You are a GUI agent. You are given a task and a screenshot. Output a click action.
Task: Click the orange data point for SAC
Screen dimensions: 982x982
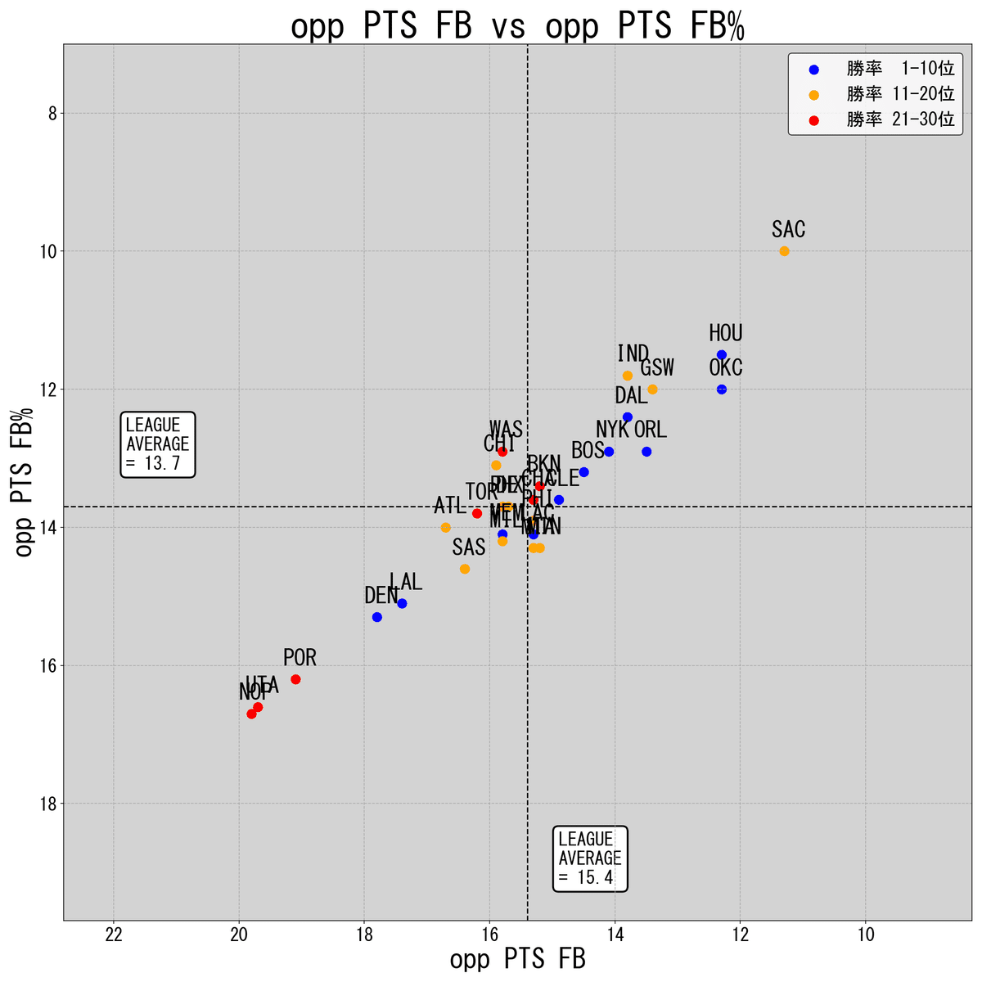pyautogui.click(x=784, y=251)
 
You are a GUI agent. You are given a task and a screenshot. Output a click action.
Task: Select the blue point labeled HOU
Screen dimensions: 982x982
pyautogui.click(x=722, y=354)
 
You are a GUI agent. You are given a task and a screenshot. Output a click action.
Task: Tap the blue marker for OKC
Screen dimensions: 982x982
pyautogui.click(x=722, y=390)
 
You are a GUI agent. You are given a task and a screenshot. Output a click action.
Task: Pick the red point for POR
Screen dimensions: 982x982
pyautogui.click(x=295, y=679)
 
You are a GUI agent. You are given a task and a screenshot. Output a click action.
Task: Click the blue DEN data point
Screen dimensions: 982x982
pyautogui.click(x=377, y=617)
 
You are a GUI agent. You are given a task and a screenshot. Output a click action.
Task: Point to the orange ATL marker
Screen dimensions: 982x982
pyautogui.click(x=446, y=528)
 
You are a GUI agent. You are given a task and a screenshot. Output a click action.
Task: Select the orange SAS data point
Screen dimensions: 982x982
pyautogui.click(x=465, y=569)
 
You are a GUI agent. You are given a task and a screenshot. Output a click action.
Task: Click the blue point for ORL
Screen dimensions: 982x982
pyautogui.click(x=646, y=452)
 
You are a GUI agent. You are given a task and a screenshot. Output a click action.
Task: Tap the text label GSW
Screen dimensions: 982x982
pyautogui.click(x=657, y=368)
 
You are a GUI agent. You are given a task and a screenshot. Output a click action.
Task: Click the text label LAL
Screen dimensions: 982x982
pyautogui.click(x=406, y=582)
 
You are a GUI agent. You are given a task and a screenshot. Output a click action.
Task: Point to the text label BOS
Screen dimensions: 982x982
pyautogui.click(x=588, y=450)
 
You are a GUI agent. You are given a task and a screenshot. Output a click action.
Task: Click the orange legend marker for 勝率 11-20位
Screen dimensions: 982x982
pyautogui.click(x=813, y=95)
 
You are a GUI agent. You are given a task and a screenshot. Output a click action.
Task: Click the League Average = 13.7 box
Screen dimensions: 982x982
pyautogui.click(x=158, y=444)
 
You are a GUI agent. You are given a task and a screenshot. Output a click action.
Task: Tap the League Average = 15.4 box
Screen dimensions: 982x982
pyautogui.click(x=590, y=858)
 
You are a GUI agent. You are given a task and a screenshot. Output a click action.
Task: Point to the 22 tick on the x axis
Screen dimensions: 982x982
pyautogui.click(x=114, y=935)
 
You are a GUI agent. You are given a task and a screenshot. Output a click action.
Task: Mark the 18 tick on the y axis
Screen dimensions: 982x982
pyautogui.click(x=46, y=804)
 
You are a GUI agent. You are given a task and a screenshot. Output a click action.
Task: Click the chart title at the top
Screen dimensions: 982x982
pyautogui.click(x=517, y=26)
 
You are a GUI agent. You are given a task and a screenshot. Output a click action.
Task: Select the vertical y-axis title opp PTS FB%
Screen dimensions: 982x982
pyautogui.click(x=25, y=483)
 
